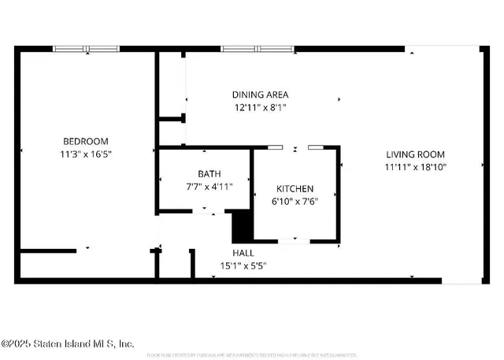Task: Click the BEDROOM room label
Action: coord(85,142)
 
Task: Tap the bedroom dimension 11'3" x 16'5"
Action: coord(85,155)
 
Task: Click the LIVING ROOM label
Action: coord(415,154)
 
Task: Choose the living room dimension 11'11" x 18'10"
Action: coord(415,168)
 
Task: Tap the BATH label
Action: coord(209,174)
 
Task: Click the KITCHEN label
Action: coord(295,189)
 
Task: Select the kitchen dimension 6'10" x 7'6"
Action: coord(295,202)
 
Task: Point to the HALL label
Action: coord(243,253)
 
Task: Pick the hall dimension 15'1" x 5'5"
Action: coord(243,266)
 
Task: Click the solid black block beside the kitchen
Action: coord(242,228)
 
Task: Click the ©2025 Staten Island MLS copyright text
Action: coord(68,343)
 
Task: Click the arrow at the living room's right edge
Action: coord(481,165)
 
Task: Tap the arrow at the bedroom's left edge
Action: coord(21,150)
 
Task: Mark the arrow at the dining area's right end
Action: coord(339,100)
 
